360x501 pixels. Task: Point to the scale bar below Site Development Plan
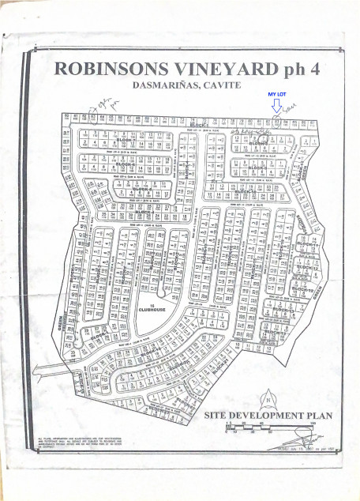click(268, 426)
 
